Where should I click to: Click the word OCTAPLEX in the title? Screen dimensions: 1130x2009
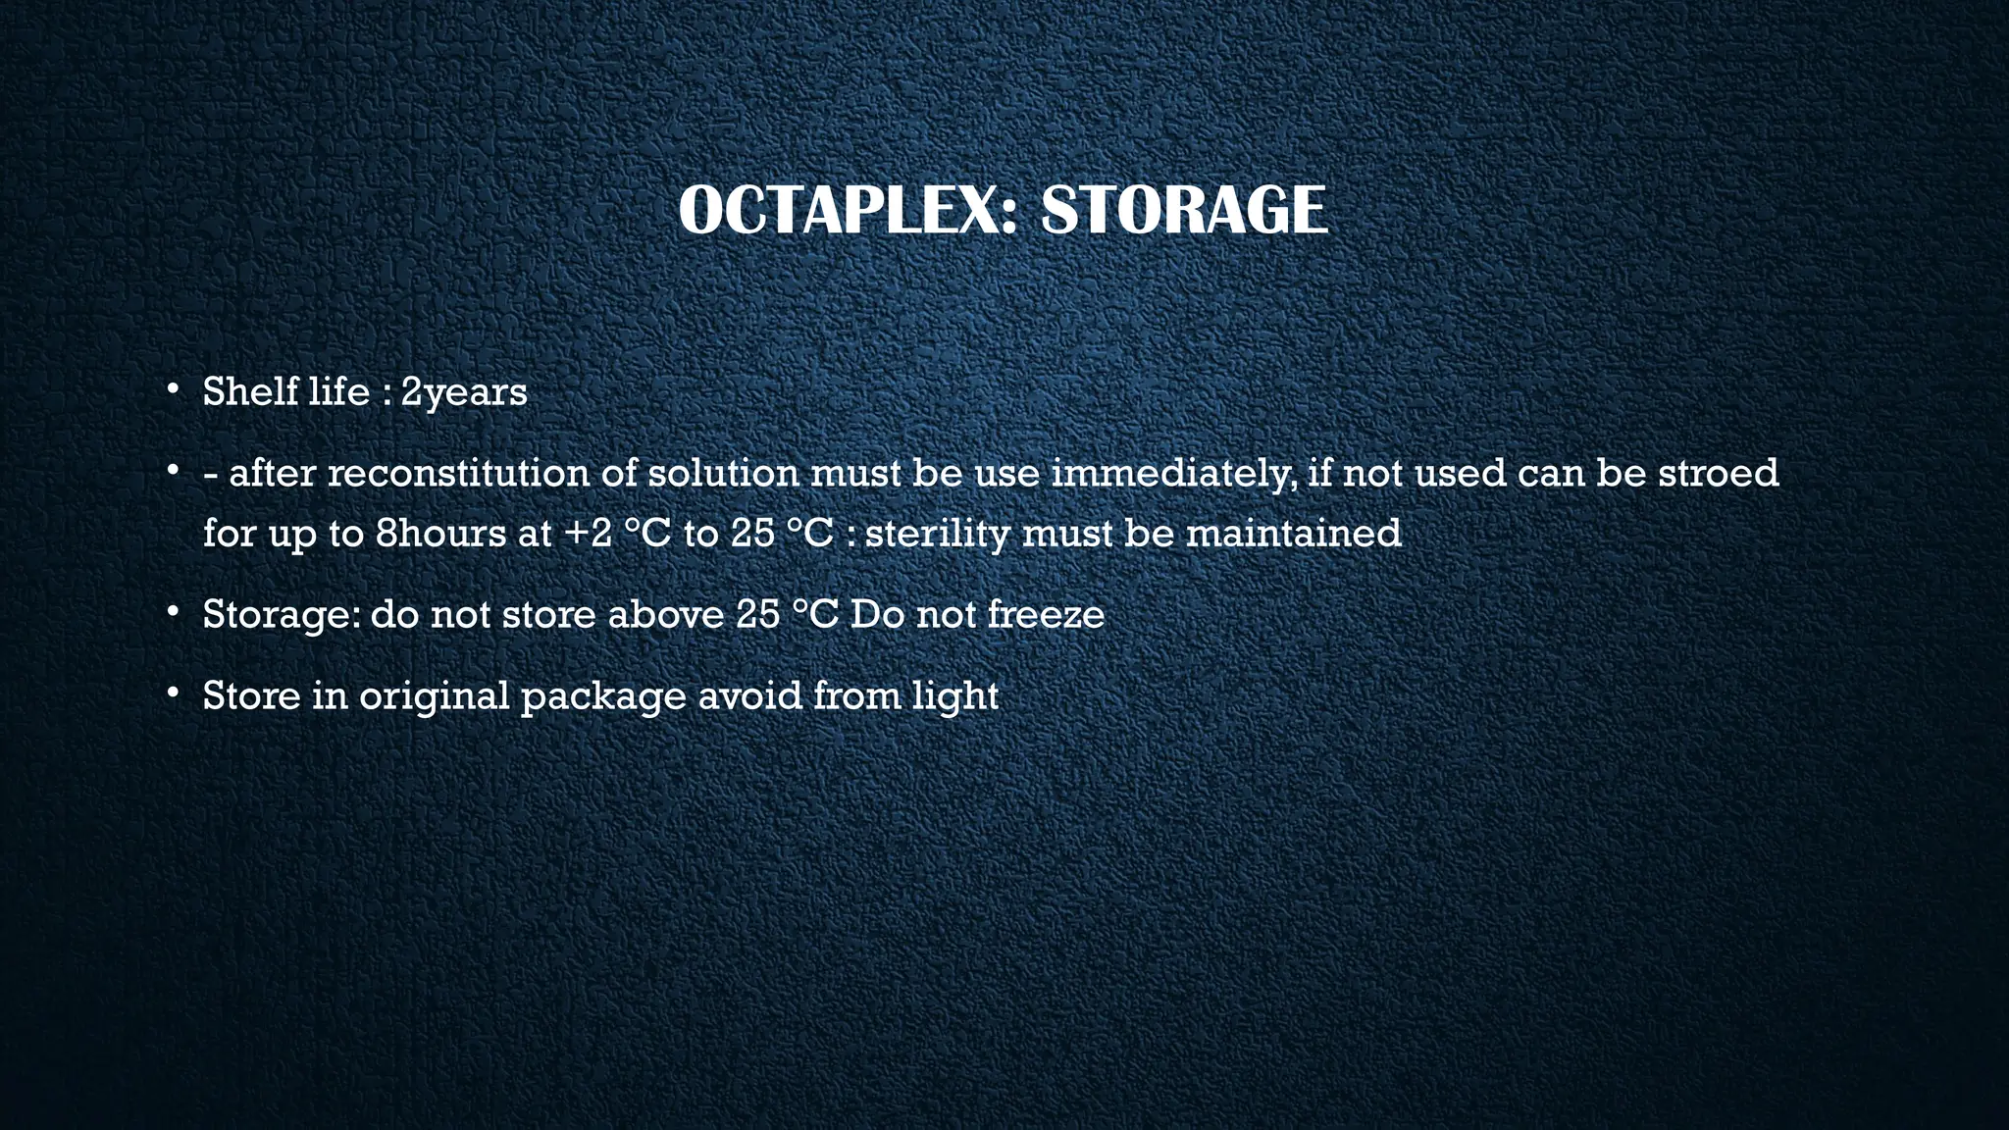(840, 210)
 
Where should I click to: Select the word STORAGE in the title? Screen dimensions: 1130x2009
(1184, 210)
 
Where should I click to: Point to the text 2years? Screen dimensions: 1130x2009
(464, 393)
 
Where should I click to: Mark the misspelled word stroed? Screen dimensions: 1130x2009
(1718, 474)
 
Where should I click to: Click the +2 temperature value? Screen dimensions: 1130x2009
(590, 534)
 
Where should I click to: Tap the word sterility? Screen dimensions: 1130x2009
(937, 535)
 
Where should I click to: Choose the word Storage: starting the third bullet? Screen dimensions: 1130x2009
(282, 616)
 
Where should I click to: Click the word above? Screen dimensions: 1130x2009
(666, 615)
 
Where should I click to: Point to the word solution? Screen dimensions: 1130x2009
(723, 474)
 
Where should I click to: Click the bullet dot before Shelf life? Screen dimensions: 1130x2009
(173, 389)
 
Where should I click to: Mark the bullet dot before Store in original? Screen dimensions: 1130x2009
(173, 693)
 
